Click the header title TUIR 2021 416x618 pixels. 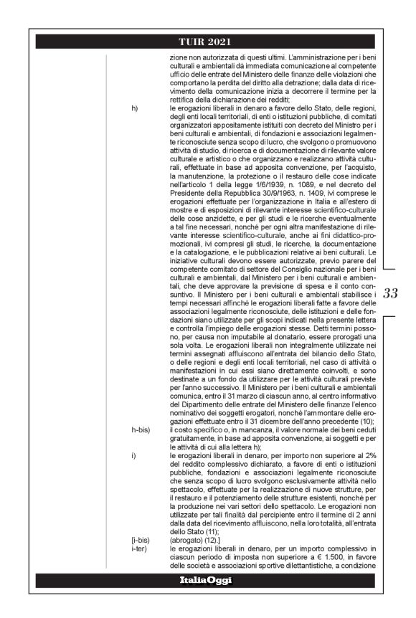208,41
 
